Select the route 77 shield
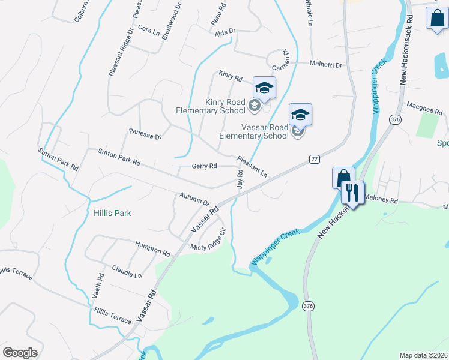[315, 159]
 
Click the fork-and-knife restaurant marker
[352, 193]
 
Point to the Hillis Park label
[112, 213]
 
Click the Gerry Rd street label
[204, 166]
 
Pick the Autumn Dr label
[194, 200]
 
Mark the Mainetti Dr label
[325, 64]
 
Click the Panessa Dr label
[145, 133]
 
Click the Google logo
[20, 353]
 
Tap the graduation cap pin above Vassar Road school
[300, 114]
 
